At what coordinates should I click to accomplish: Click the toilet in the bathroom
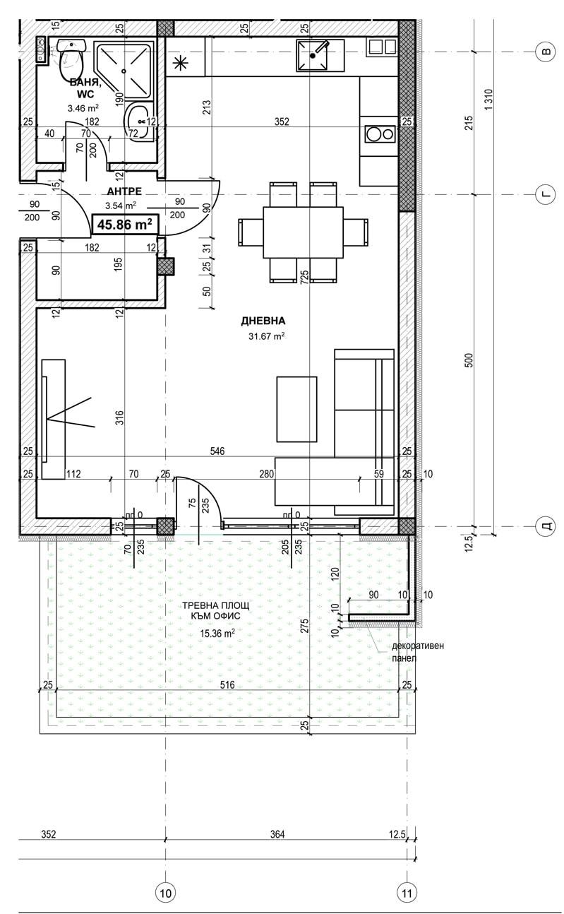71,60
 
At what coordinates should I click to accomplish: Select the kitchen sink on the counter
313,56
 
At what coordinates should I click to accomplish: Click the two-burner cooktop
380,133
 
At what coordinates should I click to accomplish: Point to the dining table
303,232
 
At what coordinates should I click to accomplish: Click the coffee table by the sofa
296,409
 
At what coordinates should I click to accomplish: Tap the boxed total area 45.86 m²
124,224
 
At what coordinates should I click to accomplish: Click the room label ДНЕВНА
263,321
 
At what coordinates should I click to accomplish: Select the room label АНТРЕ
124,191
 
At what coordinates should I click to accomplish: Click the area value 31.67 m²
266,336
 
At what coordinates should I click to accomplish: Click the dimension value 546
217,451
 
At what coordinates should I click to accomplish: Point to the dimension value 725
304,278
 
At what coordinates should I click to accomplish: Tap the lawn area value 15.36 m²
217,633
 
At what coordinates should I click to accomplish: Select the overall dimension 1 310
489,99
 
